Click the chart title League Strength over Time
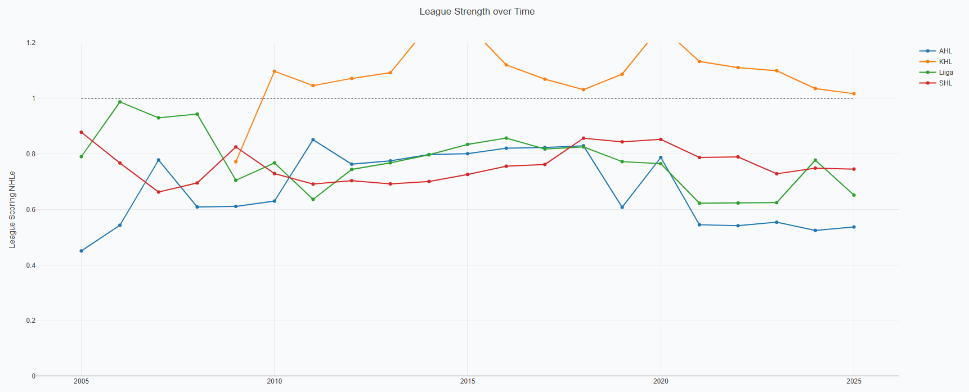(x=477, y=12)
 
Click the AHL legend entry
(x=945, y=51)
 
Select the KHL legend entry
(x=945, y=62)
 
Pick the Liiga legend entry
(x=945, y=73)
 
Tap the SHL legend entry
(x=945, y=83)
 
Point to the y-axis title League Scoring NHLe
(x=12, y=210)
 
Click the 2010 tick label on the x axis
(x=274, y=381)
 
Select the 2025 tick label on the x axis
(x=854, y=381)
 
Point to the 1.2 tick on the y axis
(x=30, y=43)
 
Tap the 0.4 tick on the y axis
(x=30, y=265)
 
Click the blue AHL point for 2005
(x=81, y=251)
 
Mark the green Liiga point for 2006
(x=120, y=102)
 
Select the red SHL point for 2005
(x=81, y=132)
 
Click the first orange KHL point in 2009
(x=236, y=161)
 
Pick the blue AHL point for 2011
(x=313, y=139)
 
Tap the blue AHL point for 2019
(x=622, y=207)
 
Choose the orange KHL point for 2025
(x=854, y=94)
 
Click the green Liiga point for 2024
(x=815, y=160)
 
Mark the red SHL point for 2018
(x=584, y=138)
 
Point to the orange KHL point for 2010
(x=274, y=71)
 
